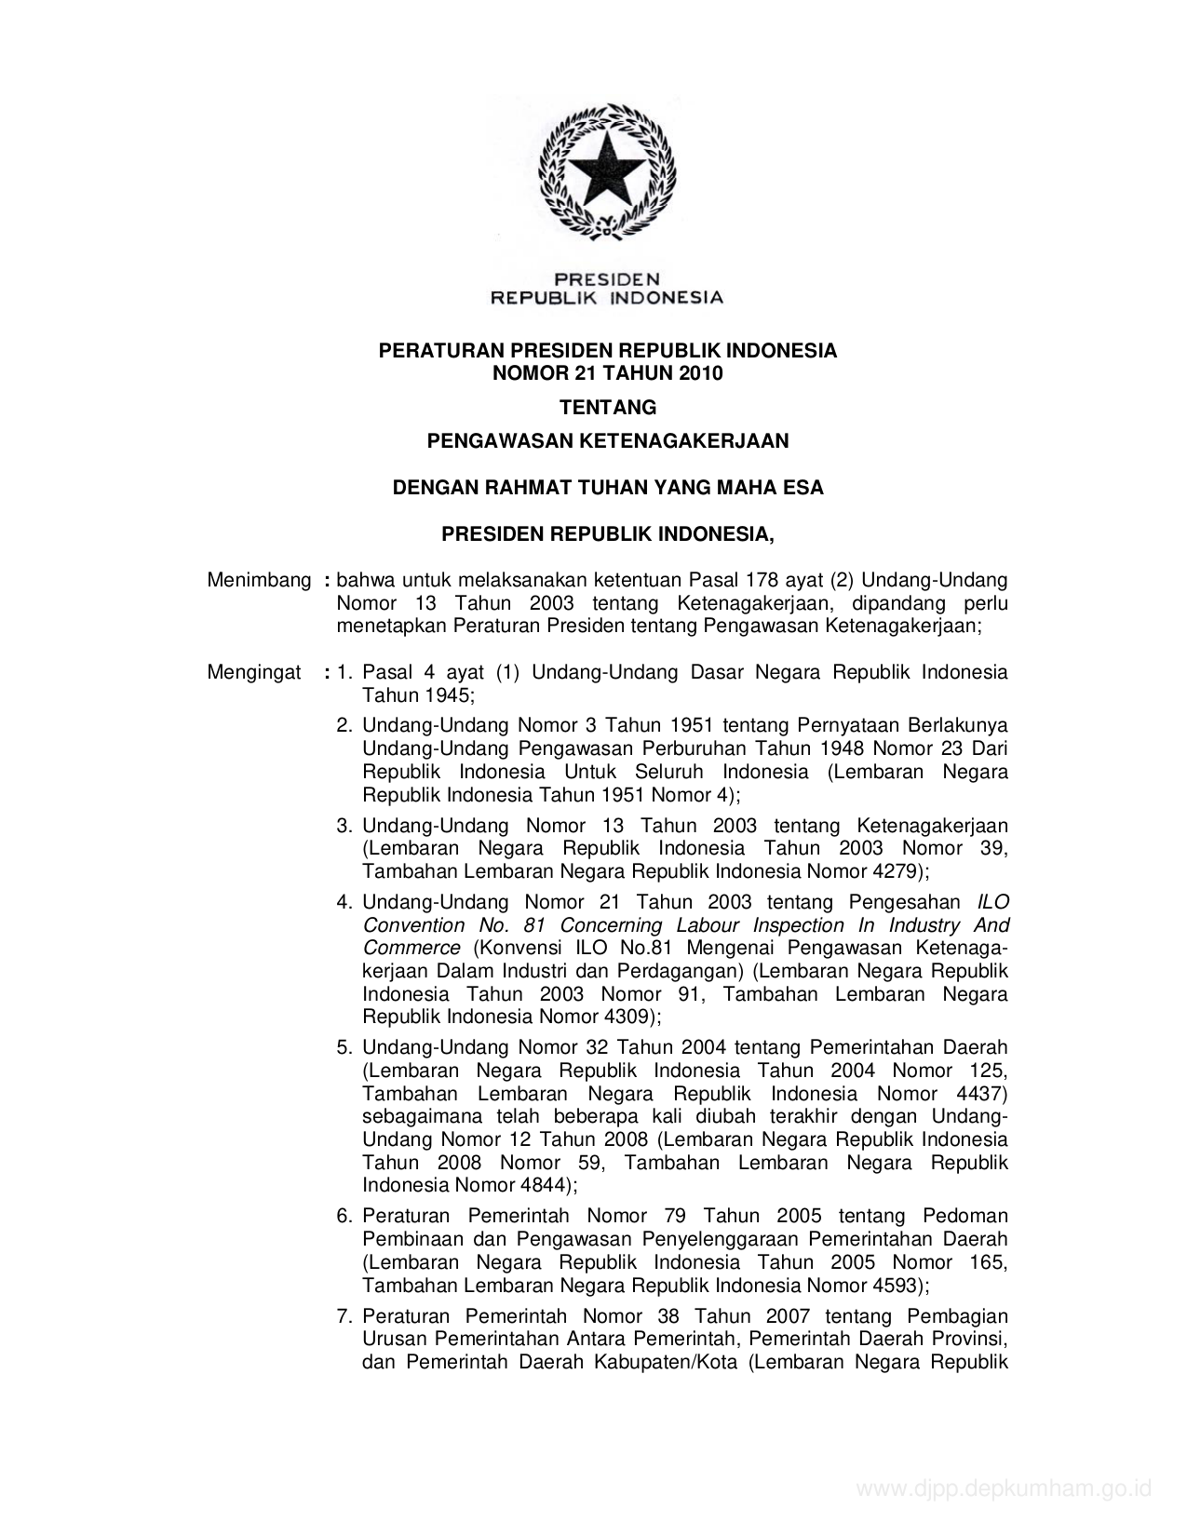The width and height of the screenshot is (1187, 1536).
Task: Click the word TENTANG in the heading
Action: [607, 407]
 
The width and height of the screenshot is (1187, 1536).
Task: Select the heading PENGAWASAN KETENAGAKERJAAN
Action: [607, 441]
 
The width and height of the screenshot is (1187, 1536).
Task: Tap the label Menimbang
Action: [259, 581]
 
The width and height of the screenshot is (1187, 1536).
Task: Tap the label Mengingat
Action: [253, 672]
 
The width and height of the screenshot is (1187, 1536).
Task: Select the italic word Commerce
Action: [411, 948]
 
